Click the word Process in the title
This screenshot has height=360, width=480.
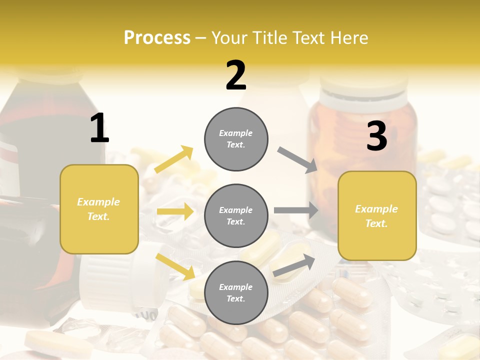coord(157,38)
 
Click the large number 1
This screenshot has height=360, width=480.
coord(99,128)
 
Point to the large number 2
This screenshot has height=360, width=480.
coord(236,75)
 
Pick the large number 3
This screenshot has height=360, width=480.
coord(376,136)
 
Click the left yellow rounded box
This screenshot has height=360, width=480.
coord(99,209)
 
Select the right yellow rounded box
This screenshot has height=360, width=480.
coord(377,216)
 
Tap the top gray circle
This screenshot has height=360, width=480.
coord(236,138)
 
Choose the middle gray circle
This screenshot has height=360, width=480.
coord(236,215)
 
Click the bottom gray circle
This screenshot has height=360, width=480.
coord(236,292)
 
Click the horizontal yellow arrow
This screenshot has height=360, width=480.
coord(175,211)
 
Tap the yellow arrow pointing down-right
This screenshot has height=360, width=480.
coord(175,266)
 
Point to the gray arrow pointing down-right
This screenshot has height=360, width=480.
coord(298,160)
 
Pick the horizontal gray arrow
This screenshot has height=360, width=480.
coord(296,210)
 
